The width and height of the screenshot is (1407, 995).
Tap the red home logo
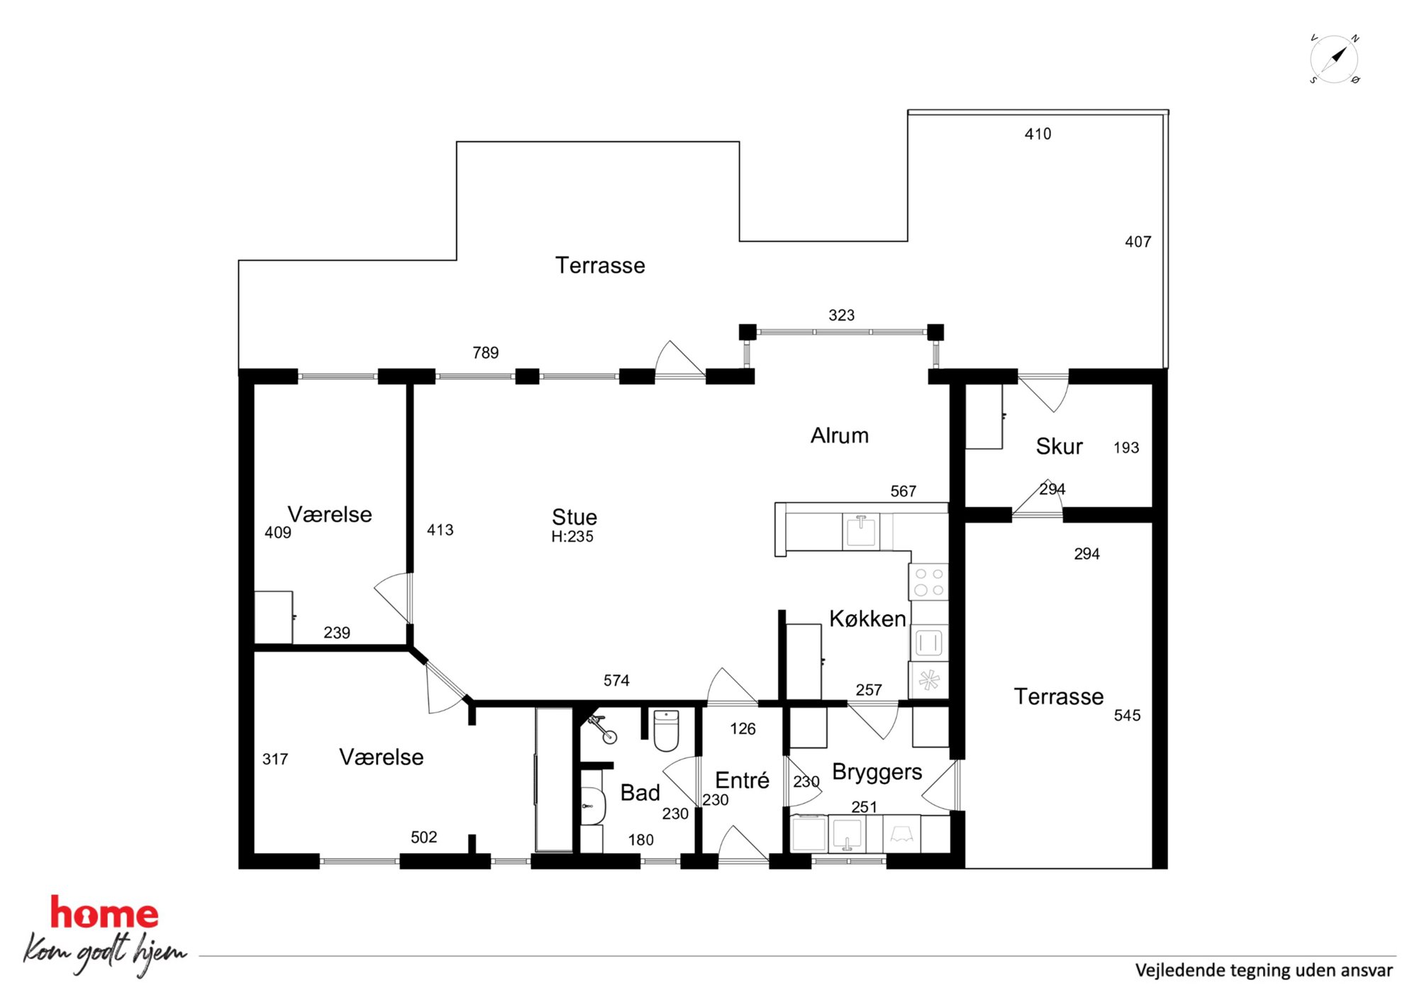[x=104, y=913]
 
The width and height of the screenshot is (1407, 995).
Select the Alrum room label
[x=840, y=435]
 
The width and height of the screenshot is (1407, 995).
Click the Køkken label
[x=867, y=619]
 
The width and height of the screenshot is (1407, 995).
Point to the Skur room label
[x=1059, y=446]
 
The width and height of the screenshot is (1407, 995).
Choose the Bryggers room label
[x=877, y=772]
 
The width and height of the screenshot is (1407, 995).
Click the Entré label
[x=742, y=780]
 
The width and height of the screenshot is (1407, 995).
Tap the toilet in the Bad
[x=666, y=730]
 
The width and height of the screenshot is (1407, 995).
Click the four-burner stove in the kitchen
[x=929, y=582]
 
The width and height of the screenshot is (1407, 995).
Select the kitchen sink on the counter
[x=861, y=531]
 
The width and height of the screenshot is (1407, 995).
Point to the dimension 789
[x=486, y=352]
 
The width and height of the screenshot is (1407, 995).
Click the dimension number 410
[x=1038, y=134]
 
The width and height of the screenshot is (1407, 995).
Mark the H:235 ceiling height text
[x=572, y=537]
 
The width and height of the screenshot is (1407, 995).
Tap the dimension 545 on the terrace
[x=1127, y=716]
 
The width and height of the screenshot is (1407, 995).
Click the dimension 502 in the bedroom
[x=423, y=838]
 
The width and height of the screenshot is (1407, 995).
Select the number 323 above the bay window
[x=841, y=316]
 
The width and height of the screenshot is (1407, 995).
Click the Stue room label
[x=574, y=516]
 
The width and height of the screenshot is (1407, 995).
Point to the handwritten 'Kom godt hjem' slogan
[x=105, y=954]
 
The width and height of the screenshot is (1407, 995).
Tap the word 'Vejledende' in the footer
[x=1180, y=971]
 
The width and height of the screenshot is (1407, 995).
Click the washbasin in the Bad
[x=593, y=806]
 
